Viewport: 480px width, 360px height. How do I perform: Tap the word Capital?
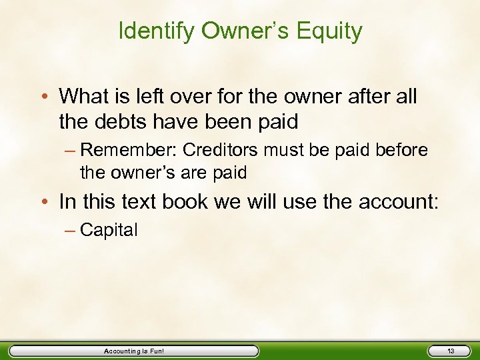(109, 231)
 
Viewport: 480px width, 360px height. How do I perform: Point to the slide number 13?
(451, 351)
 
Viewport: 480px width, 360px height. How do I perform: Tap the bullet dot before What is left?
(45, 97)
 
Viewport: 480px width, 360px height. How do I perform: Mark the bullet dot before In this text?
(45, 202)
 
